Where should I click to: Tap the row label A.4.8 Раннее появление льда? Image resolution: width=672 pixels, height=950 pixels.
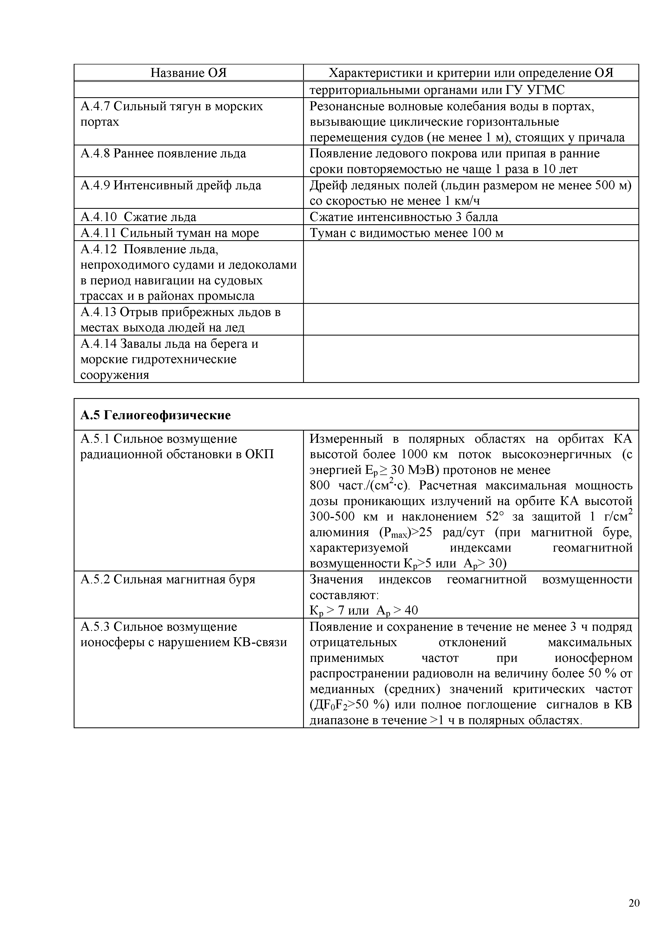click(x=163, y=154)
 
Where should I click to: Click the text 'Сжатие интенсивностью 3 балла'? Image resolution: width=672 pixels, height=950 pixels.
click(x=404, y=217)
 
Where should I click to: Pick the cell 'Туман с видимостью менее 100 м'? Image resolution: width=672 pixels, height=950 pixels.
click(x=406, y=233)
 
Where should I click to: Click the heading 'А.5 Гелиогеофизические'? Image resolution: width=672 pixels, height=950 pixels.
click(x=155, y=415)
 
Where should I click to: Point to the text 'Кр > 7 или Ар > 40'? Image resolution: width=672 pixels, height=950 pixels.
click(x=364, y=611)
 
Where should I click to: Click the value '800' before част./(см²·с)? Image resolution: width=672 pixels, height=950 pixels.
click(x=319, y=485)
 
